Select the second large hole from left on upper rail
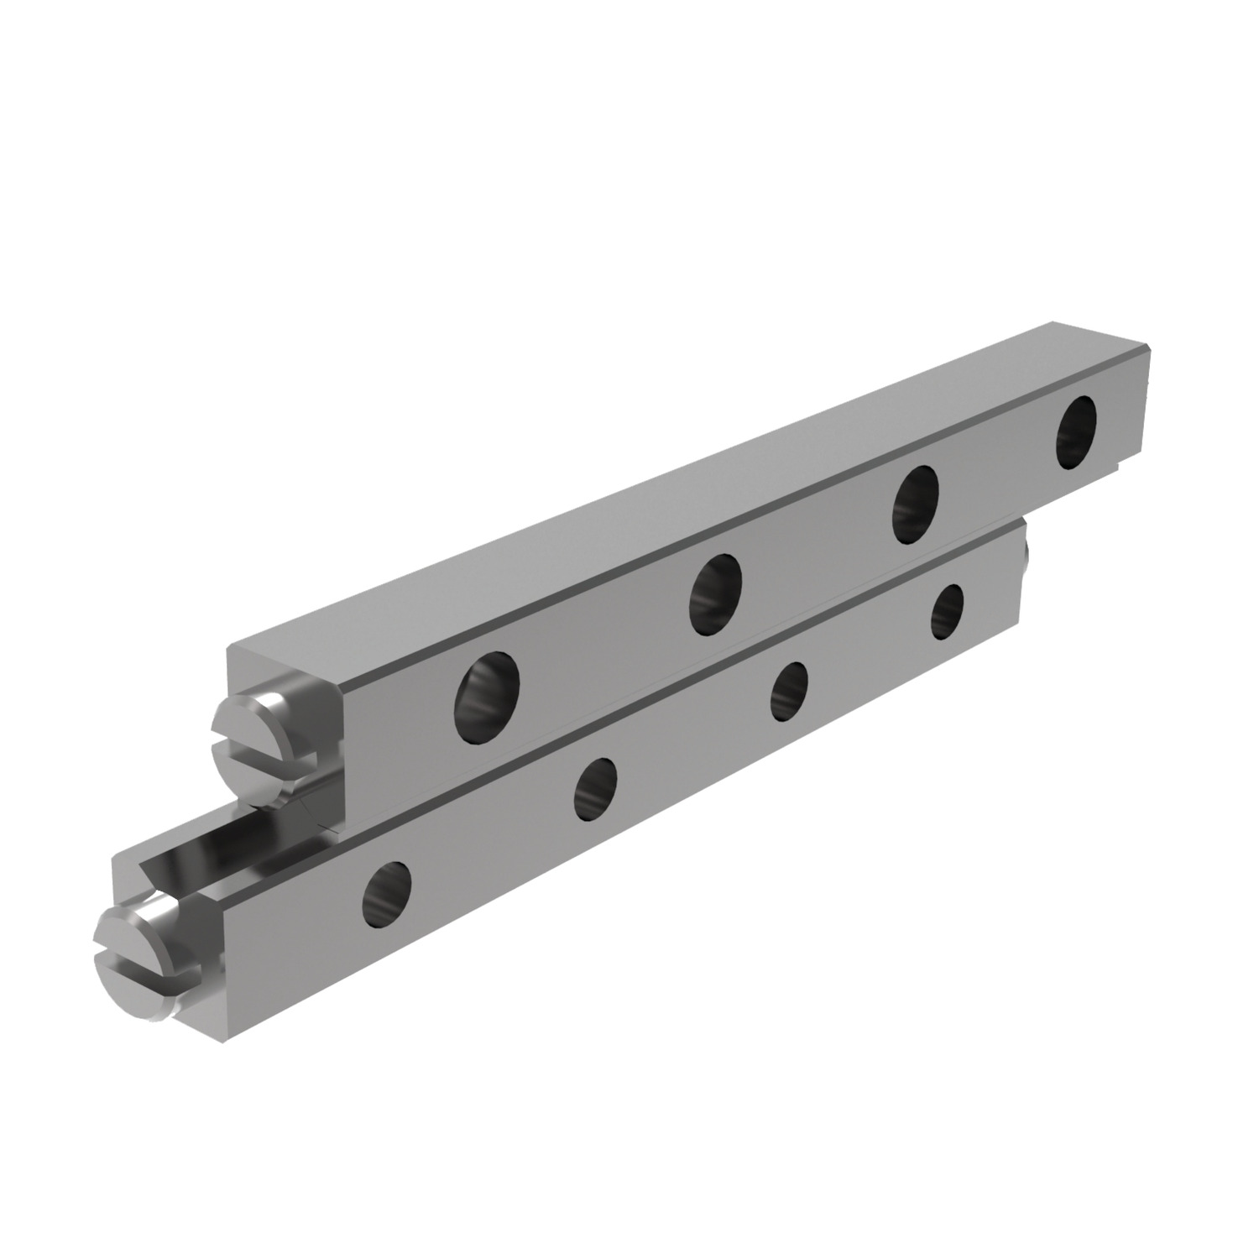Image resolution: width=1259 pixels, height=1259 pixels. [x=715, y=594]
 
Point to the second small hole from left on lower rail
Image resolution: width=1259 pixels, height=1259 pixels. [x=596, y=788]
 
